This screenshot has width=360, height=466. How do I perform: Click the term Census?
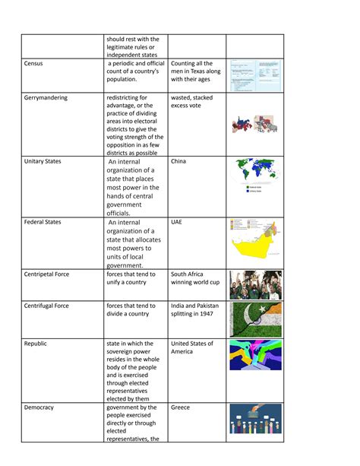[35, 64]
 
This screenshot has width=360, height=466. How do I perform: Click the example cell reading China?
[178, 162]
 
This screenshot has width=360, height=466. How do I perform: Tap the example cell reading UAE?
[176, 223]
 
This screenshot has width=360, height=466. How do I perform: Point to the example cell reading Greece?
[181, 407]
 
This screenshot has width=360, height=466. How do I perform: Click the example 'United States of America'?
[192, 347]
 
